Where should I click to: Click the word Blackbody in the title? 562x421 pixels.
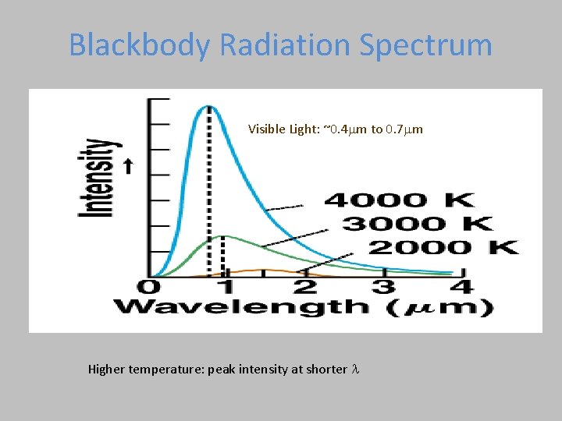[x=139, y=45]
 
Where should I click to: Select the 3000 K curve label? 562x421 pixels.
[x=418, y=224]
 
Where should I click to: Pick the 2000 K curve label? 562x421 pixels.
[x=443, y=248]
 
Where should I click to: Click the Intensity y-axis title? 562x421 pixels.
[x=99, y=179]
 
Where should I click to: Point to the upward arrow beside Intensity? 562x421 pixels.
[x=129, y=166]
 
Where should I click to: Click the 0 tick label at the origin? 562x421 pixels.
[x=145, y=287]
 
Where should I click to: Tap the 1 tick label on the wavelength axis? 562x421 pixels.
[x=225, y=287]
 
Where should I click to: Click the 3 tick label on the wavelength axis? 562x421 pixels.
[x=383, y=287]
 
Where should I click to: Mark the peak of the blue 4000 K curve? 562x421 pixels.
[x=208, y=106]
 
